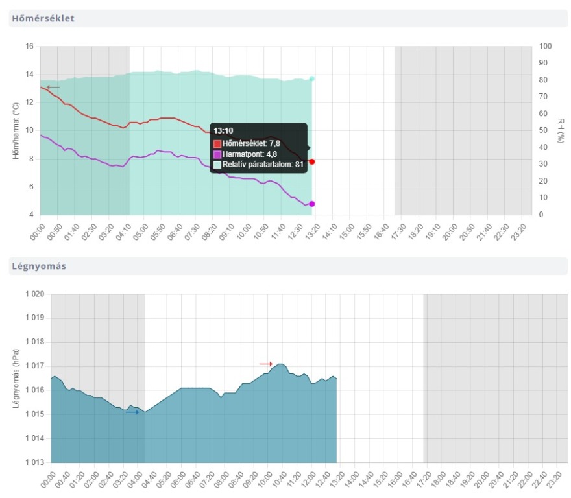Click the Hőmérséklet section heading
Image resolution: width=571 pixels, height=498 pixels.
point(43,18)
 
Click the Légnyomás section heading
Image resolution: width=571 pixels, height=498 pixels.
point(38,266)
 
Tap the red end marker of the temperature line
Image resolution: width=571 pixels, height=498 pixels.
point(312,161)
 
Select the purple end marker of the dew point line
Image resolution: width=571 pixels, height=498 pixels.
point(312,204)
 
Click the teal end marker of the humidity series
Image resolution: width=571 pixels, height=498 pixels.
point(312,78)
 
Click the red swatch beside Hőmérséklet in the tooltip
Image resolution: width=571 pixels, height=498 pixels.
point(217,143)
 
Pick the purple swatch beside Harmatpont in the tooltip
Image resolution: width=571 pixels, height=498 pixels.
point(217,154)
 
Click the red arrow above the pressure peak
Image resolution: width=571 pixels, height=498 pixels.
point(266,364)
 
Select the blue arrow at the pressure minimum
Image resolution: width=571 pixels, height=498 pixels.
point(132,412)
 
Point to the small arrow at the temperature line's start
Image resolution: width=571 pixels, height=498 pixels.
point(53,87)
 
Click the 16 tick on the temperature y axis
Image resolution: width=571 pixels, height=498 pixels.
point(29,47)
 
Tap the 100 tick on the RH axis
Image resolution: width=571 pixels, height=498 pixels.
point(546,47)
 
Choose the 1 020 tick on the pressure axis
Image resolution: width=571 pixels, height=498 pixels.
point(34,294)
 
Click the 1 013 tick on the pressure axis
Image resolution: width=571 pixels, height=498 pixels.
point(34,462)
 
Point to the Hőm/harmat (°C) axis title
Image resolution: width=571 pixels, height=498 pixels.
point(16,130)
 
